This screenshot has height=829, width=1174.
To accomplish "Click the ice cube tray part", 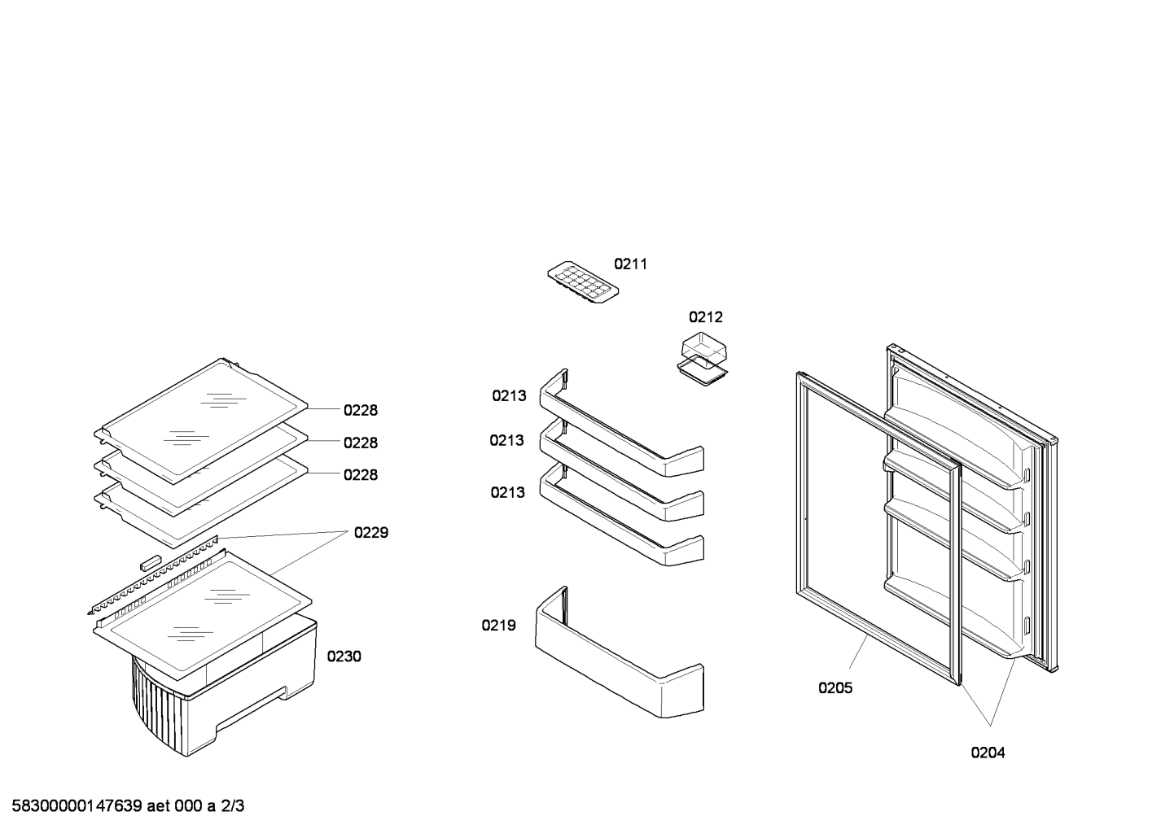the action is [583, 282].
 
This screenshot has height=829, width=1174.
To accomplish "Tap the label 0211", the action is [630, 264].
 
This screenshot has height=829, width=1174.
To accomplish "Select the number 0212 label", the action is [705, 316].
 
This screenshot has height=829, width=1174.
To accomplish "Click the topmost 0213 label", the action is [509, 396].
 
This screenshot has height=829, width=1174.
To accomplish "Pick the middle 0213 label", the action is [507, 440].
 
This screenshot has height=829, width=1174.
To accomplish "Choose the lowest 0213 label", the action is [507, 492].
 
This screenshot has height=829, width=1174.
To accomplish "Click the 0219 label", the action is [498, 626].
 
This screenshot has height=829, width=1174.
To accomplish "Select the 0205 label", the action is [835, 687].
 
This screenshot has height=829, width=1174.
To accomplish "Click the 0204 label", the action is [988, 753].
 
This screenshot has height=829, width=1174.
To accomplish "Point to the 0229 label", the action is [371, 533].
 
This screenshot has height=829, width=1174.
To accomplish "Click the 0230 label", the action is [344, 657].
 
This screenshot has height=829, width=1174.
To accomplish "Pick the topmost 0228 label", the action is [361, 410].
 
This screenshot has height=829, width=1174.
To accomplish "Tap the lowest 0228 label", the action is [361, 474].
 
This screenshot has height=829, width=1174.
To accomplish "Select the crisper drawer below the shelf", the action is [226, 696].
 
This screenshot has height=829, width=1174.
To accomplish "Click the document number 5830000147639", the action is [77, 805].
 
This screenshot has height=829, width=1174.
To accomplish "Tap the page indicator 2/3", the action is [232, 805].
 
